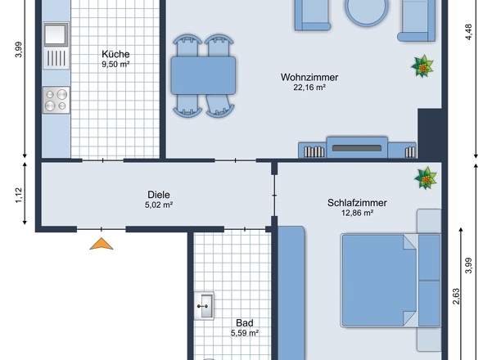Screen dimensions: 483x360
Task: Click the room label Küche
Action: pos(115,54)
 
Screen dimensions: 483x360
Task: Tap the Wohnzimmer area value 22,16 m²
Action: pos(309,88)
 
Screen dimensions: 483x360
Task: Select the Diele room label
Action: pos(159,195)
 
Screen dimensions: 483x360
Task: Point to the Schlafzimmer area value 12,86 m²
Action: pos(357,213)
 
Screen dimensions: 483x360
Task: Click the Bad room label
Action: pos(245,322)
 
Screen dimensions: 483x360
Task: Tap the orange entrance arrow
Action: pos(102,244)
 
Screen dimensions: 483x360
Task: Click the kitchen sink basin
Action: pos(56,34)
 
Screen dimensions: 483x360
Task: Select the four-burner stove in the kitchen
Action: pos(56,100)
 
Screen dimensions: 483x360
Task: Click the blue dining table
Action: pos(203,75)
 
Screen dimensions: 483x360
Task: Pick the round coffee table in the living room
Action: pos(366,11)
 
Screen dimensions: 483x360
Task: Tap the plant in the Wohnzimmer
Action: pos(422,66)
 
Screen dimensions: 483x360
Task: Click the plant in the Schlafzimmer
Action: pos(426,178)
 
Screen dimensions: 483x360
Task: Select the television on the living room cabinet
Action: pos(357,148)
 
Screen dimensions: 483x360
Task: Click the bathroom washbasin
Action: pos(204,306)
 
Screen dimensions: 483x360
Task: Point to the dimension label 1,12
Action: pos(19,196)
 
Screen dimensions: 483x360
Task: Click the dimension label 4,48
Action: pos(468,32)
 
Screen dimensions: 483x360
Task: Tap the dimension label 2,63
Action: pos(456,296)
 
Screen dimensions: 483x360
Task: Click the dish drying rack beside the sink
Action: pos(56,58)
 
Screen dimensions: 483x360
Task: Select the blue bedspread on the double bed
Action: pos(379,281)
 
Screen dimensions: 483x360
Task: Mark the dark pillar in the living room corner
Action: pos(430,133)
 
